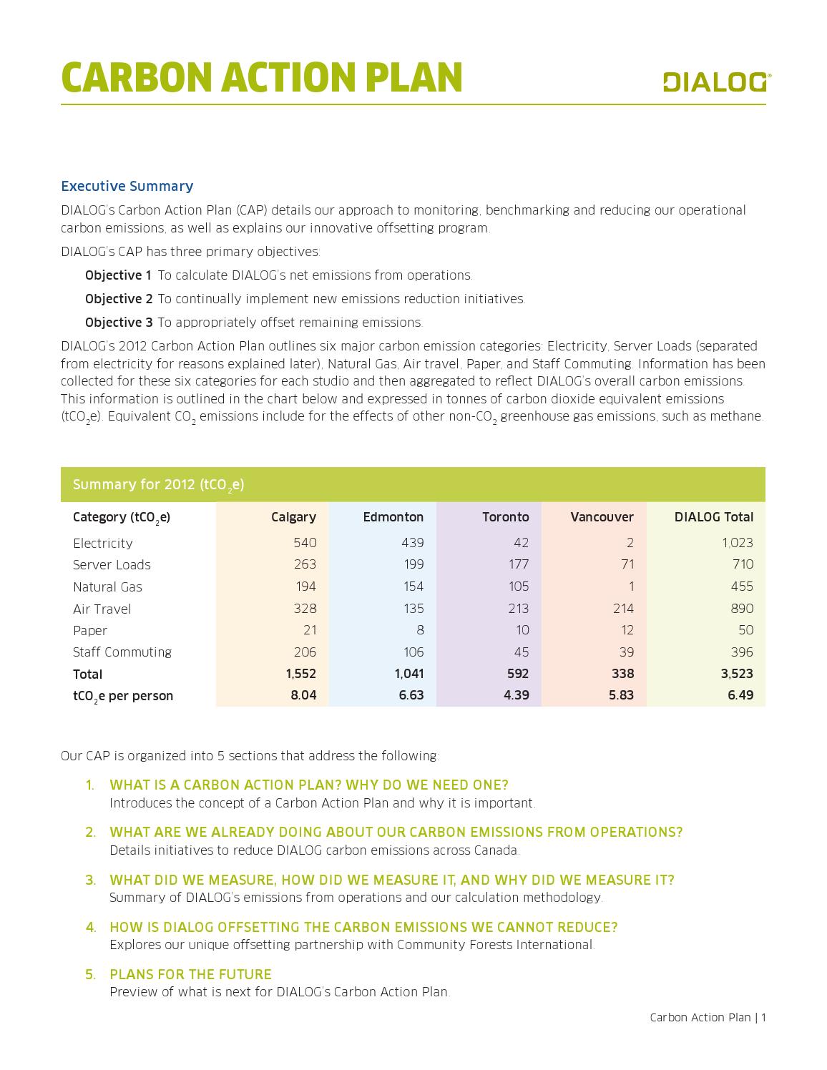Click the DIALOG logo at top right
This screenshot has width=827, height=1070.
tap(713, 82)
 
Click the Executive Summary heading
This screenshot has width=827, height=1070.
tap(127, 186)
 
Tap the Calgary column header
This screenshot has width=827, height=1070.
tap(293, 516)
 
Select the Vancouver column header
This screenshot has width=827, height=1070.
tap(602, 516)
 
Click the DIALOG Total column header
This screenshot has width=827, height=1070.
tap(713, 516)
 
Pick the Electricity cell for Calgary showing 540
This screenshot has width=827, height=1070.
tap(305, 543)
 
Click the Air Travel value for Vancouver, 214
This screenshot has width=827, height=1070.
tap(623, 609)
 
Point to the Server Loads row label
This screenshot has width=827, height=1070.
tap(112, 564)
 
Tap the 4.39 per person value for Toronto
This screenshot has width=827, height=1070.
tap(516, 695)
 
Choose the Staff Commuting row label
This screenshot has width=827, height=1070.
tap(122, 652)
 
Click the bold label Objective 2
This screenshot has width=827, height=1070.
tap(118, 299)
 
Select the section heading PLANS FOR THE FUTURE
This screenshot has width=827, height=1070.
tap(190, 974)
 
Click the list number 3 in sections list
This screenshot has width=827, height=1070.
tap(90, 880)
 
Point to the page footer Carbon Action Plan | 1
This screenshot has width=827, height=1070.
tap(707, 1017)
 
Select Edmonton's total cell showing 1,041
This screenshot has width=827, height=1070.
tap(408, 674)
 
